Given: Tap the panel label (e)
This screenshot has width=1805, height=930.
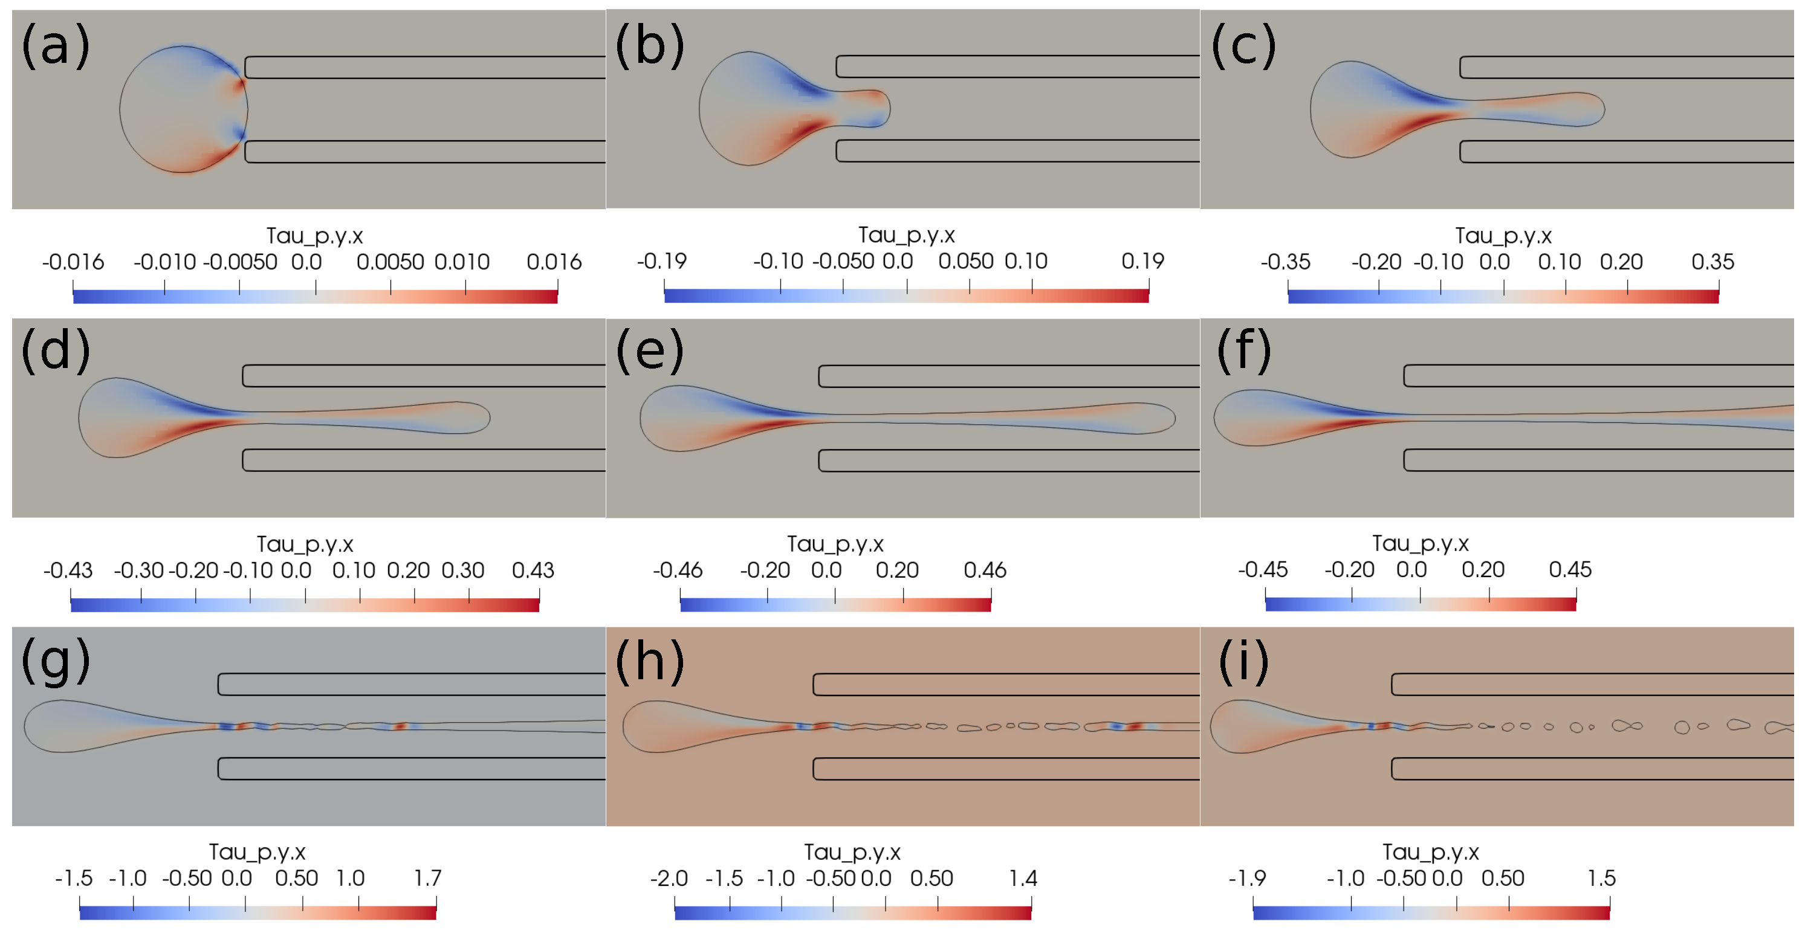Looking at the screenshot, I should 650,349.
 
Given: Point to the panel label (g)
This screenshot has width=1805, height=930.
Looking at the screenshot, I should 56,660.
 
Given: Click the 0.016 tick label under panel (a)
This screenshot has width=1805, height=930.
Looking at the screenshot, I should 554,262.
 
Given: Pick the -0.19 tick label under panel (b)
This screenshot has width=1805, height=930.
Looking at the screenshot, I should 661,261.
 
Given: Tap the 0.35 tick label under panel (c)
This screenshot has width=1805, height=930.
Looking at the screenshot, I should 1712,262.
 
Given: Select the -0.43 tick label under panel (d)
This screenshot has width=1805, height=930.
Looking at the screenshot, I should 67,570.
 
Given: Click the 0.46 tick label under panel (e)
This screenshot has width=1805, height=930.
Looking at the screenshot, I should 985,570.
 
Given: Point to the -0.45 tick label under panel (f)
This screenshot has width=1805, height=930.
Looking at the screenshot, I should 1262,569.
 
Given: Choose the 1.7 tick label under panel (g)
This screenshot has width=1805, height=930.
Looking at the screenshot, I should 427,878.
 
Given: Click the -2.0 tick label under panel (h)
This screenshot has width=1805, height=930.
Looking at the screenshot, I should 669,878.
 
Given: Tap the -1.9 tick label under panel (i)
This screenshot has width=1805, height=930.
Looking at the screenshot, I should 1247,878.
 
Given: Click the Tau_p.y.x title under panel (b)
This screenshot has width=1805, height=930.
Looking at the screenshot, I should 906,234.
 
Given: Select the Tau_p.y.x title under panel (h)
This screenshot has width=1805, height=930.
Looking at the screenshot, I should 852,851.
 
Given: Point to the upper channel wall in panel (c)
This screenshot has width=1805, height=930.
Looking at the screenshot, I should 1625,68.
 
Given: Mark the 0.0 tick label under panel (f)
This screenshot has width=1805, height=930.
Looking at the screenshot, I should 1411,569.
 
